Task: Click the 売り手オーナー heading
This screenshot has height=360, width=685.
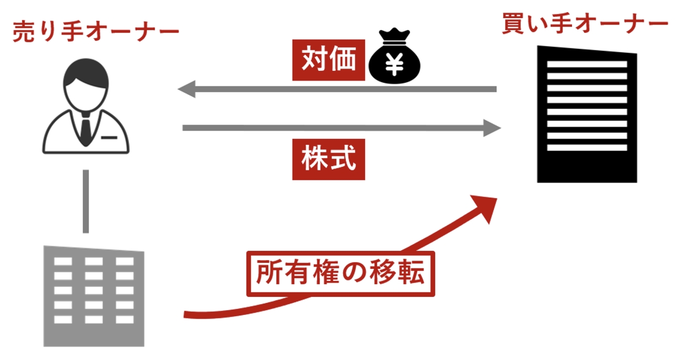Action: [96, 31]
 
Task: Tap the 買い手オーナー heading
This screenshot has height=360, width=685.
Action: [585, 24]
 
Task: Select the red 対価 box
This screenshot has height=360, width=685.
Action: [328, 60]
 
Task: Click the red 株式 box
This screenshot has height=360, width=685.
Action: [328, 159]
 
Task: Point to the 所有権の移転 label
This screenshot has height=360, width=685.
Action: [340, 273]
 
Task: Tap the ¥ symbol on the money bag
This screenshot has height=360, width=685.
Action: [394, 64]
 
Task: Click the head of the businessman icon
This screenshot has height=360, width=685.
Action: [86, 85]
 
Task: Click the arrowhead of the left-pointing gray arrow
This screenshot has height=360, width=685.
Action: [186, 89]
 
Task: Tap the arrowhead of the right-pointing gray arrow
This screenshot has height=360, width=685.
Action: [492, 128]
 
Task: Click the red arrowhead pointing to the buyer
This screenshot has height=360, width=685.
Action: [486, 207]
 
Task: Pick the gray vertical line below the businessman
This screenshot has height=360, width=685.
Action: [86, 201]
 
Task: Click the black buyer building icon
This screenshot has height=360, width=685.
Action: [587, 114]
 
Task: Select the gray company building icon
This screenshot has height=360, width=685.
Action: [93, 296]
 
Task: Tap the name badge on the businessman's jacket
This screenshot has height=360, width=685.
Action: [109, 138]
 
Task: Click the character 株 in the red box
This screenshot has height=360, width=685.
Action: [315, 159]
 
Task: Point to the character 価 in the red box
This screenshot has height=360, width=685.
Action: [343, 60]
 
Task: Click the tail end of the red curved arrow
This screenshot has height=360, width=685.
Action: [184, 314]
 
